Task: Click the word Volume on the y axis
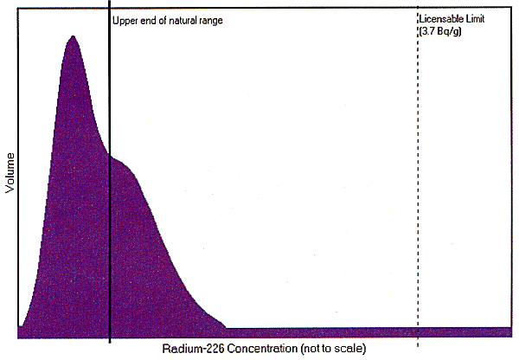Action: pyautogui.click(x=11, y=174)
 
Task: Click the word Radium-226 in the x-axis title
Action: pyautogui.click(x=190, y=349)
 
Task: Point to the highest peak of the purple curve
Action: pyautogui.click(x=74, y=37)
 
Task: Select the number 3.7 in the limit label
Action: pyautogui.click(x=430, y=30)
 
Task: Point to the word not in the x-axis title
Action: pyautogui.click(x=312, y=349)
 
